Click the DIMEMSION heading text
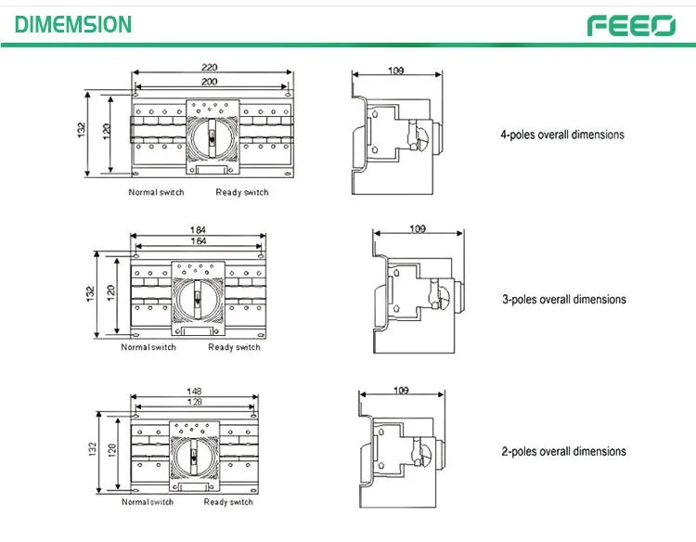73,24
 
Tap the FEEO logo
631,26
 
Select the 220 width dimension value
209,67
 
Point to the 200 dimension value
210,82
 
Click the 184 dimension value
198,230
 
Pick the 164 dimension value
199,241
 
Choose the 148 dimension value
194,391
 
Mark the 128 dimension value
195,402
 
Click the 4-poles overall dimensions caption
562,135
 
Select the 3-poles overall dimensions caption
564,299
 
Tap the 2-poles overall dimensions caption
563,451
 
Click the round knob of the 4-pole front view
213,137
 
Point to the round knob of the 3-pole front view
198,300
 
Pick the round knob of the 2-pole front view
194,457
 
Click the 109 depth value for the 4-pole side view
396,71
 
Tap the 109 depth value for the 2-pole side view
401,390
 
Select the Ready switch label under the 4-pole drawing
242,192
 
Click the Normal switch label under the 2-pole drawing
148,502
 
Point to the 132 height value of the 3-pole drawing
91,294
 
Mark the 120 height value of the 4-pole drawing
107,132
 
